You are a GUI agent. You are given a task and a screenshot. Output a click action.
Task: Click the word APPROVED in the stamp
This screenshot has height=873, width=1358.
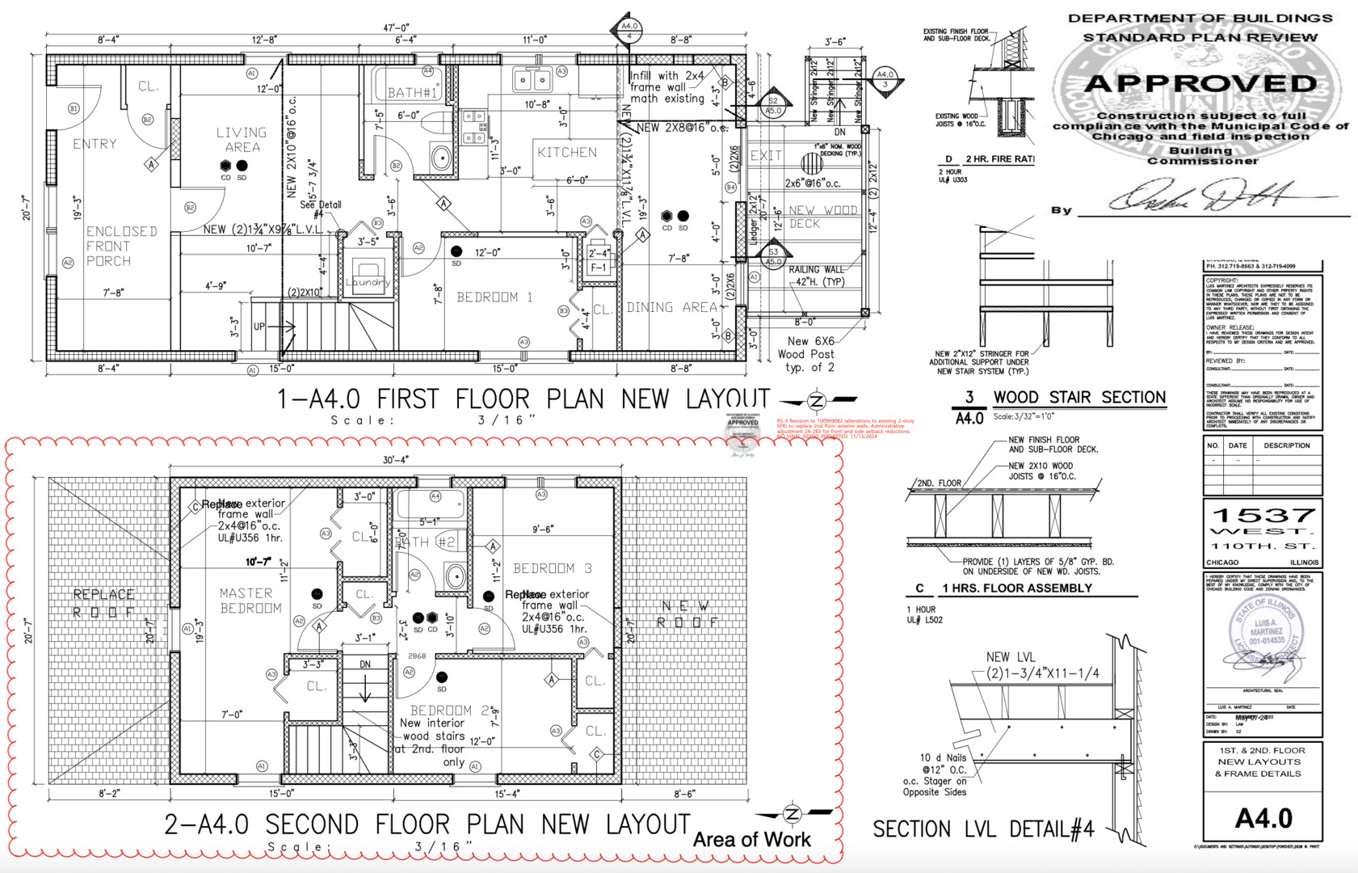click(x=1200, y=83)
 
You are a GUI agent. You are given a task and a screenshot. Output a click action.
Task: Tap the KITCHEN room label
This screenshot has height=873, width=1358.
click(x=567, y=152)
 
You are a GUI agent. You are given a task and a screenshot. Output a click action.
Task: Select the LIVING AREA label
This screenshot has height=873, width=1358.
click(x=241, y=139)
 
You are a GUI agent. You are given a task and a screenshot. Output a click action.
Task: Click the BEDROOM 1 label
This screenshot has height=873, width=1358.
click(x=494, y=297)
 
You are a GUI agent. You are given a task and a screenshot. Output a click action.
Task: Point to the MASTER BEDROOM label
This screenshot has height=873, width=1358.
click(x=250, y=601)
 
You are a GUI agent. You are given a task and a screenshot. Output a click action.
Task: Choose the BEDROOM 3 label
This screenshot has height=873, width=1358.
click(x=553, y=568)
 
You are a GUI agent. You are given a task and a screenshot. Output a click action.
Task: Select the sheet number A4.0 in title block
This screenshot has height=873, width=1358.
click(x=1263, y=818)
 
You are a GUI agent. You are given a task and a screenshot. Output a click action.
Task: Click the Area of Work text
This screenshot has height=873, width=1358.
click(x=751, y=840)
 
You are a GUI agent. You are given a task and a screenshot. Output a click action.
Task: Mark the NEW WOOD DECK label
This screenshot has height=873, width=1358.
click(x=822, y=217)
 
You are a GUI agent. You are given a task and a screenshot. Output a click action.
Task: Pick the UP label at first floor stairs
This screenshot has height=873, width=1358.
click(x=259, y=327)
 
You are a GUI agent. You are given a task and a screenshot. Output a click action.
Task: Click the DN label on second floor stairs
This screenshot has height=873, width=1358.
click(x=365, y=664)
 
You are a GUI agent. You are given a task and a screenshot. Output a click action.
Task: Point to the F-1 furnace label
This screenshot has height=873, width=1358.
click(x=598, y=268)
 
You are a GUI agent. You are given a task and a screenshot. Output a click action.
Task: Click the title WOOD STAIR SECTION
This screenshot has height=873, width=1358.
click(x=1079, y=397)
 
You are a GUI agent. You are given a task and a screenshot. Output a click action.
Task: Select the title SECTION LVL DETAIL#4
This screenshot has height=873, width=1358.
click(x=983, y=829)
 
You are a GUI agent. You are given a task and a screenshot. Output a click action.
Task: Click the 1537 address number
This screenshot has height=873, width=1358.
click(x=1263, y=515)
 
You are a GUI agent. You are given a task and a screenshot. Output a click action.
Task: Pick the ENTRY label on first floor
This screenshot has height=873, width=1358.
click(x=95, y=144)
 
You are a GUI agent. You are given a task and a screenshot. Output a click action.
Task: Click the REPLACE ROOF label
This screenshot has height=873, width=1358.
click(x=104, y=603)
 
